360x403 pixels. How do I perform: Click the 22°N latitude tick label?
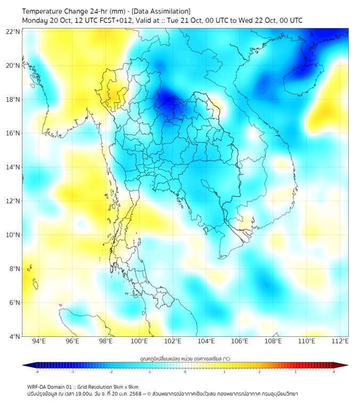click(13, 31)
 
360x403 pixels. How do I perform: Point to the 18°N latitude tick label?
click(13, 99)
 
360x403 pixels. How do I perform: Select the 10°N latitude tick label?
click(13, 235)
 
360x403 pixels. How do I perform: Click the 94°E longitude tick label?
click(39, 342)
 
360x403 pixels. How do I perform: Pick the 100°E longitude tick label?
click(140, 342)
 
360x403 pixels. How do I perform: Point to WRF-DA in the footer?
click(37, 386)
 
